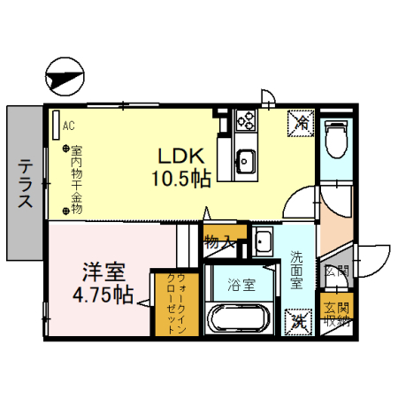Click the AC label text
tap(68, 126)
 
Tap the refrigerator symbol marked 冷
tap(302, 125)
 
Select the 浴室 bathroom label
tap(241, 285)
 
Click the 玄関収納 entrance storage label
tap(336, 316)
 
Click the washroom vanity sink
tap(263, 240)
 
